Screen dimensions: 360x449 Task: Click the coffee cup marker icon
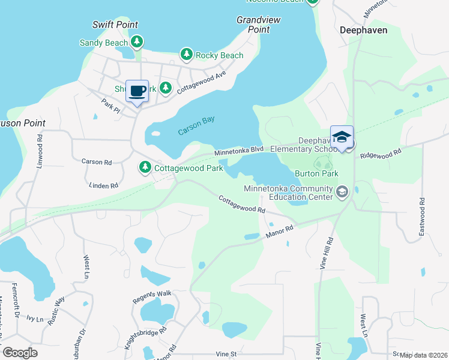coord(137,91)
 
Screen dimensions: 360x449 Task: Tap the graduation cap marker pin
coord(342,137)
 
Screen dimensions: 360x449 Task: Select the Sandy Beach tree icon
coord(137,42)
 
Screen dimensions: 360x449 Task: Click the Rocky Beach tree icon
coord(187,55)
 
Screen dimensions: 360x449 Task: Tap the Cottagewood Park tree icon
coord(145,167)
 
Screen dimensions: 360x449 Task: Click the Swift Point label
coord(115,25)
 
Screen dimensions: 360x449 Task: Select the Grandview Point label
coord(258,25)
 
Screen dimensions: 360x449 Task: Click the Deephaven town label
coord(363,29)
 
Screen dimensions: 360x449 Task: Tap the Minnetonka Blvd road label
coord(240,151)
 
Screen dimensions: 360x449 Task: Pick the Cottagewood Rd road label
coord(241,204)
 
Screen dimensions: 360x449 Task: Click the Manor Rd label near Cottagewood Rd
coord(280,231)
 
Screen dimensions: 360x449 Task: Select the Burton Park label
coord(316,173)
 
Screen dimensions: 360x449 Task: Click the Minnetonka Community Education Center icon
coord(342,192)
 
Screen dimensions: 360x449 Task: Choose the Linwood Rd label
coord(40,146)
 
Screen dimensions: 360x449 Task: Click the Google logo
coord(20,352)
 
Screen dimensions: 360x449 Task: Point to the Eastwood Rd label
coord(422,215)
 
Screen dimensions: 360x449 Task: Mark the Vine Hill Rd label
coord(329,252)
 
